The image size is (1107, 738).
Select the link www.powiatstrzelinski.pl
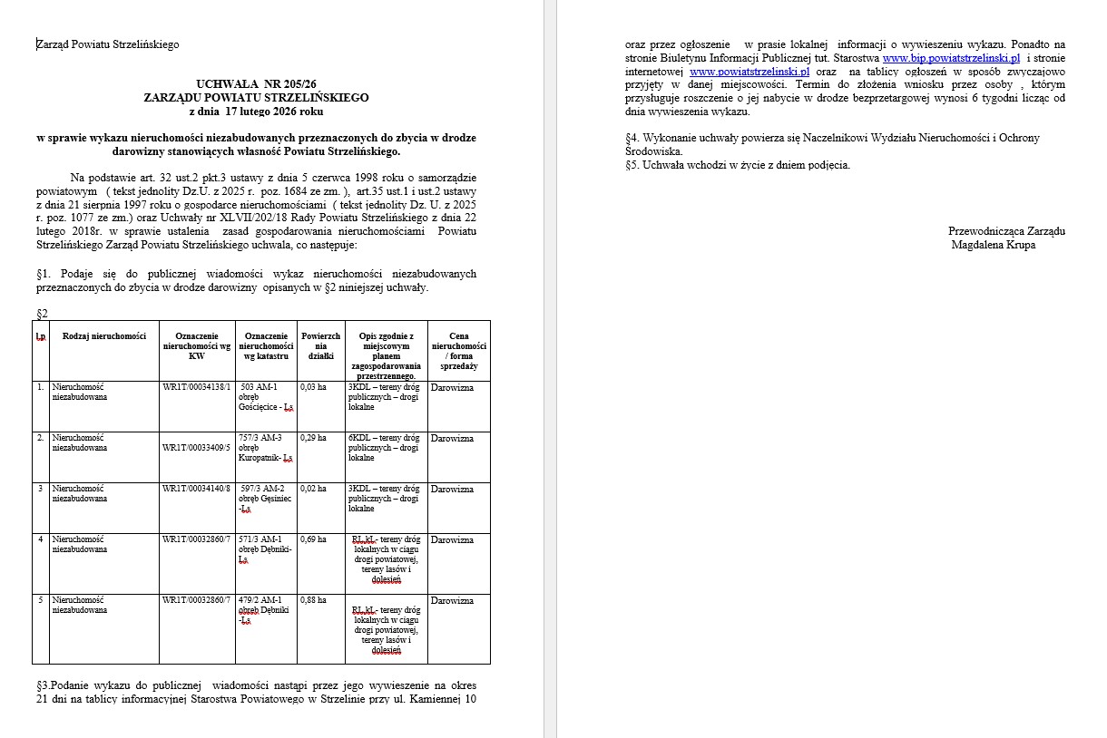[x=749, y=71]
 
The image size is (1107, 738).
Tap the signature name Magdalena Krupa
[x=993, y=245]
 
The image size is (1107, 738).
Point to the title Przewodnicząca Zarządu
[x=1006, y=231]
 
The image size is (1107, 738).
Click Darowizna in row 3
[x=452, y=490]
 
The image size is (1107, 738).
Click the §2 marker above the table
[x=42, y=314]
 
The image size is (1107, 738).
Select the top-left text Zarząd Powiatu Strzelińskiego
[x=108, y=44]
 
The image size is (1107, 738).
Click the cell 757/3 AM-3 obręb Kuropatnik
[x=264, y=448]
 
